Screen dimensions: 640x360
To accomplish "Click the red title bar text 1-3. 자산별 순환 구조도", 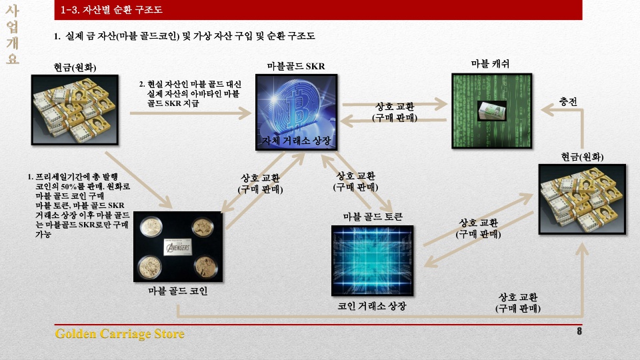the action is [x=111, y=10].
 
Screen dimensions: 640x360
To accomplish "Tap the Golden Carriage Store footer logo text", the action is [x=119, y=334].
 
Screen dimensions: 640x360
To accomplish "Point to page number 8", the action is [x=579, y=331].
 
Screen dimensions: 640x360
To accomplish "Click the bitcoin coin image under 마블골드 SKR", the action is [x=296, y=112].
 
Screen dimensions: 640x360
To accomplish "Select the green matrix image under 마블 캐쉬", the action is [x=492, y=111].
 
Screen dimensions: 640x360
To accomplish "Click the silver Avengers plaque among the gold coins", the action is [x=177, y=247].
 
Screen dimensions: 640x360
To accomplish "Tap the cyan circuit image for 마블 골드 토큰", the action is [x=372, y=261].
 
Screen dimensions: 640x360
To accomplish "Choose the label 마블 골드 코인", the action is [x=178, y=291].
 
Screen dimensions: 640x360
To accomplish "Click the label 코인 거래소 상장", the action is [x=372, y=306].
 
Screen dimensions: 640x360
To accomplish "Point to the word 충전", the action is [x=568, y=101].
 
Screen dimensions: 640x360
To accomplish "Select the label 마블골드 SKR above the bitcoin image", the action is [x=296, y=66].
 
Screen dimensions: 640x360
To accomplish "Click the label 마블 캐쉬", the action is [x=490, y=64].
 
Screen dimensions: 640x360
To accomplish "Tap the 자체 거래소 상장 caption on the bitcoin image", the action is [x=296, y=141].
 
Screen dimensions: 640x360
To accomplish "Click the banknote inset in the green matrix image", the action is [x=492, y=111].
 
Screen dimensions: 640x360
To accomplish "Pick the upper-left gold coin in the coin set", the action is [x=151, y=226].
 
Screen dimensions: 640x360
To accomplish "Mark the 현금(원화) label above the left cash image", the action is [x=75, y=67].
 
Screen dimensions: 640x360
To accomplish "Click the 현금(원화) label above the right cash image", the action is [x=582, y=157].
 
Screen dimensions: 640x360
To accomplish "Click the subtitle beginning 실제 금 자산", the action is [x=185, y=36].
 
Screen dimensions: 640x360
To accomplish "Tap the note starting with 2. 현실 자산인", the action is [x=190, y=93].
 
